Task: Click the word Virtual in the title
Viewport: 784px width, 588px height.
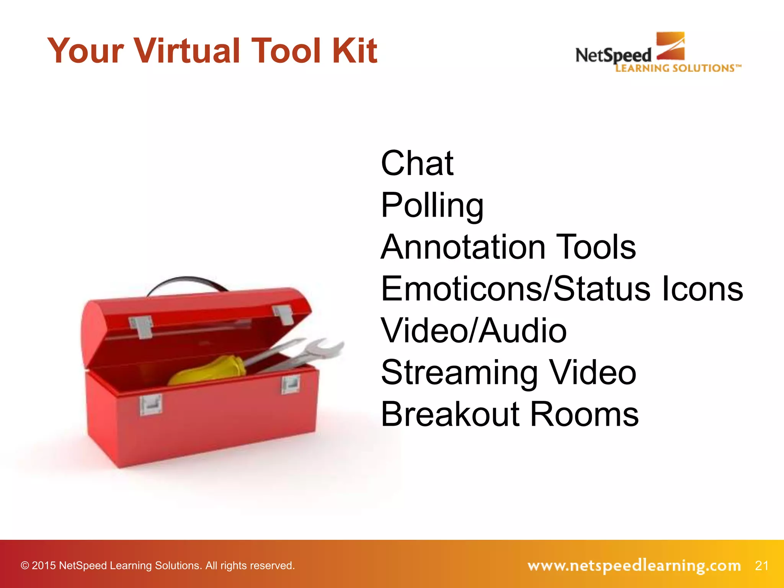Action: (187, 51)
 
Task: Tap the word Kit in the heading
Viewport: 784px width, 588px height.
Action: (354, 51)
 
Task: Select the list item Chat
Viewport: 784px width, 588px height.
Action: (417, 163)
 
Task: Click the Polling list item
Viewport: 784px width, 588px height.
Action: (432, 206)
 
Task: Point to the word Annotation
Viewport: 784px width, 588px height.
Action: (463, 247)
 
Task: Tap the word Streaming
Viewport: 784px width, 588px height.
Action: (460, 373)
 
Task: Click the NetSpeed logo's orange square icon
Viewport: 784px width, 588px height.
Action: (670, 46)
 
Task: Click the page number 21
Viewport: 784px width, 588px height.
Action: (761, 565)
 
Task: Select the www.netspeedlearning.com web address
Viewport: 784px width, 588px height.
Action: (634, 565)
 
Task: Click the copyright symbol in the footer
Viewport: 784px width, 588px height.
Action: (25, 566)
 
